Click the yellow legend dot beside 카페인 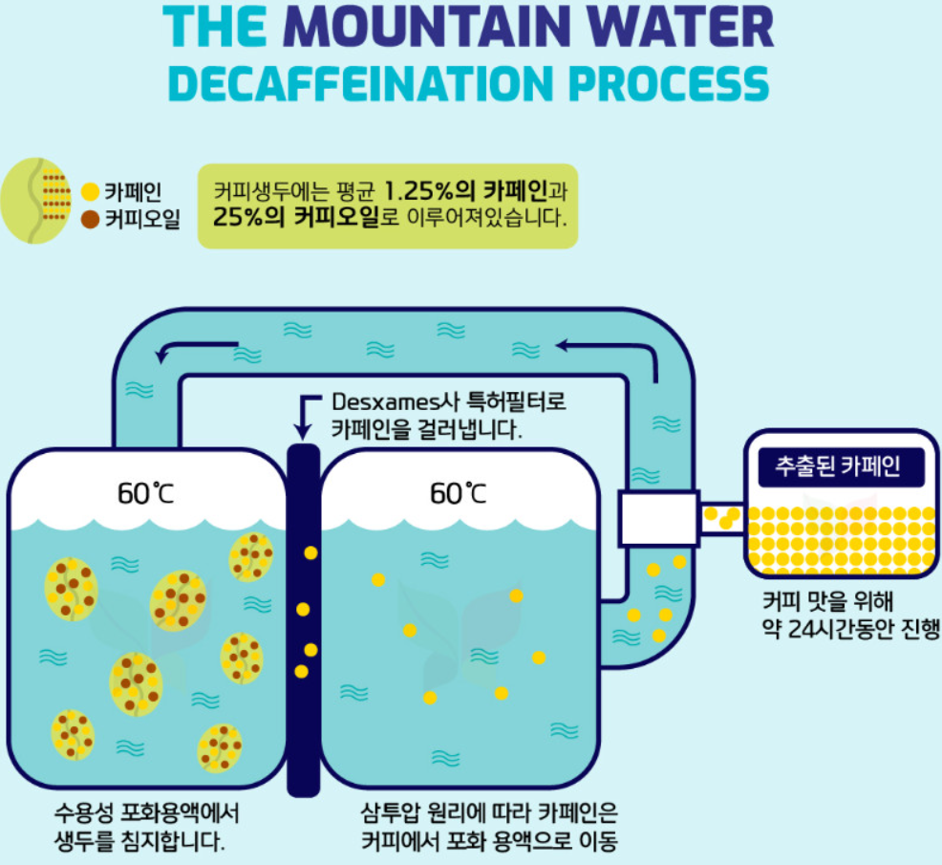[x=91, y=192]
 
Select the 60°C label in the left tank [x=146, y=493]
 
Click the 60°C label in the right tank [x=459, y=493]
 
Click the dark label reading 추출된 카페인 [x=838, y=467]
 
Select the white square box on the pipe [x=658, y=518]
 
